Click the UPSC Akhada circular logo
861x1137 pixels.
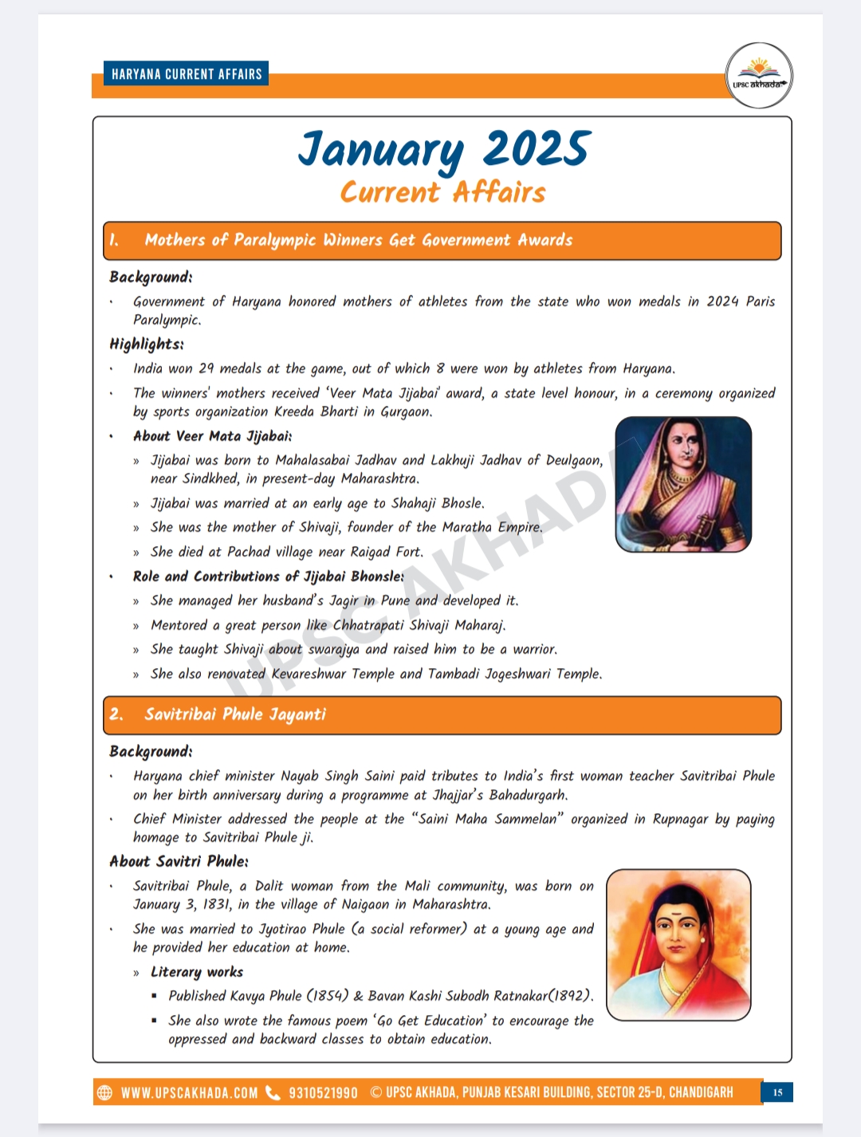pyautogui.click(x=759, y=76)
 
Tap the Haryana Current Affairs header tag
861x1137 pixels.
pyautogui.click(x=187, y=74)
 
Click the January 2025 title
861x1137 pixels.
pyautogui.click(x=443, y=149)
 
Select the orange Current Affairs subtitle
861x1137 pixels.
pyautogui.click(x=443, y=192)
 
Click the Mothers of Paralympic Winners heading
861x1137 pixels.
pyautogui.click(x=359, y=240)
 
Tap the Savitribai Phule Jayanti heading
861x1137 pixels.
pyautogui.click(x=235, y=714)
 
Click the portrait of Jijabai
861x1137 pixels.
pyautogui.click(x=683, y=484)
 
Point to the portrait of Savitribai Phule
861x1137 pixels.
pyautogui.click(x=678, y=945)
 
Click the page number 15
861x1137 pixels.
pyautogui.click(x=777, y=1092)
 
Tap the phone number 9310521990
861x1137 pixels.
pyautogui.click(x=323, y=1092)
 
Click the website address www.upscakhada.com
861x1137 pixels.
pyautogui.click(x=190, y=1092)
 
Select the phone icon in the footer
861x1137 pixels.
pyautogui.click(x=273, y=1092)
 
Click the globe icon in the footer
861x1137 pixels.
pyautogui.click(x=104, y=1092)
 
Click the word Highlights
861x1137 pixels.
pyautogui.click(x=147, y=344)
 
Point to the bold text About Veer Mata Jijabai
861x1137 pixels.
pyautogui.click(x=212, y=436)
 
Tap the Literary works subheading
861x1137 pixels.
pyautogui.click(x=197, y=972)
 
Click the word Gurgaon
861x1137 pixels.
pyautogui.click(x=406, y=411)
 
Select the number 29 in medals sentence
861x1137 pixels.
pyautogui.click(x=206, y=368)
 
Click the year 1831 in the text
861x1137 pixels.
pyautogui.click(x=215, y=904)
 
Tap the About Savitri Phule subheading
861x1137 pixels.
pyautogui.click(x=179, y=861)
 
